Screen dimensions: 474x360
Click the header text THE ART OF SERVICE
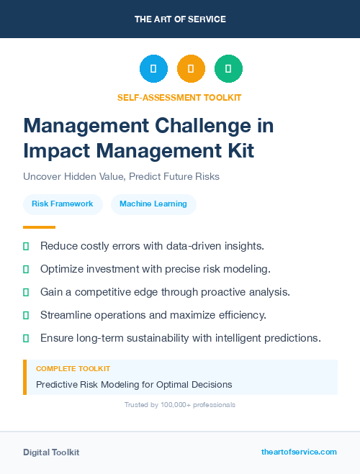(180, 19)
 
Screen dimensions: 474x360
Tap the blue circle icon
(153, 69)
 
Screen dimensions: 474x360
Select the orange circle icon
(191, 69)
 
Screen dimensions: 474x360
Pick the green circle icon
(228, 69)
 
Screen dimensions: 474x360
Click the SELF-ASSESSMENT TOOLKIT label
(179, 97)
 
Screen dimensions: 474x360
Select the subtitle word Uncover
(43, 176)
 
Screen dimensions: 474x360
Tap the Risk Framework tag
(63, 204)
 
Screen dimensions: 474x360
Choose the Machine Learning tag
(153, 204)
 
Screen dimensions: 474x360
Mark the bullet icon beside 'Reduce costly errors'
(26, 246)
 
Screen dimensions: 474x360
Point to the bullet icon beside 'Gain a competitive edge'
(26, 292)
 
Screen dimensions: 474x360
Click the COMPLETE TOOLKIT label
(73, 368)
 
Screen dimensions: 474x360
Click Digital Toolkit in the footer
(51, 452)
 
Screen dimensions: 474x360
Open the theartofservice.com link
(299, 452)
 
